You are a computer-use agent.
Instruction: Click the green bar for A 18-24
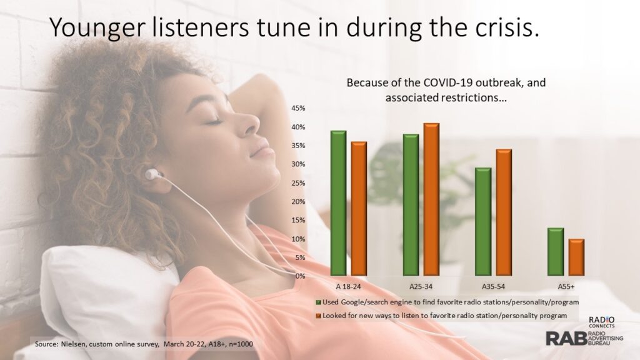pos(338,203)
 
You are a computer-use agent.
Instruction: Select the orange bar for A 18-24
pos(359,209)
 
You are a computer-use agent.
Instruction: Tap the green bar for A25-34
pos(411,204)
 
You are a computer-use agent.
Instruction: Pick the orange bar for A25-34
pos(431,199)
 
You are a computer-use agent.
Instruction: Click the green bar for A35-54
pos(483,222)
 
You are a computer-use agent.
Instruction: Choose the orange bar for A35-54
pos(504,212)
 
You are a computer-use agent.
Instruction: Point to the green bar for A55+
pos(556,251)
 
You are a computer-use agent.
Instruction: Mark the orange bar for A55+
pos(576,257)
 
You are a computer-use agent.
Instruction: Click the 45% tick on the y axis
pos(298,108)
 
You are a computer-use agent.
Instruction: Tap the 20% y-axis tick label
pos(298,202)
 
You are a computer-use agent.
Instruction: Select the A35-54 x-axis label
pos(493,286)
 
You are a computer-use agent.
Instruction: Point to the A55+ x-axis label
pos(566,286)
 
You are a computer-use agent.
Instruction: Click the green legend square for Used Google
pos(318,302)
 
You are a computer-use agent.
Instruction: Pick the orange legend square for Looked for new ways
pos(318,316)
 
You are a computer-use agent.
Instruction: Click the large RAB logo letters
pos(566,338)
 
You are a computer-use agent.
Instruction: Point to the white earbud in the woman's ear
pos(152,175)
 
